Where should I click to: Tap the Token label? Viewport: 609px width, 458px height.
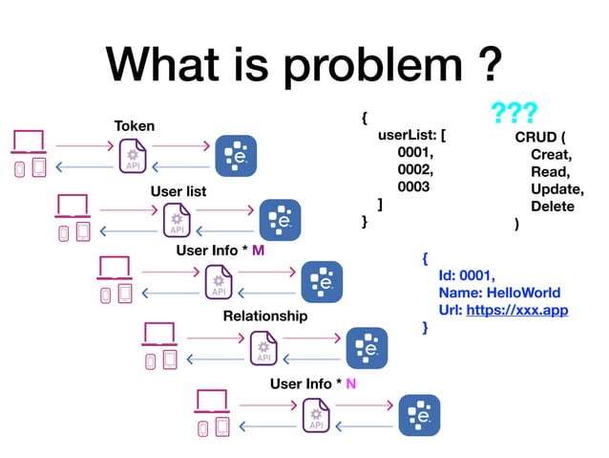[134, 125]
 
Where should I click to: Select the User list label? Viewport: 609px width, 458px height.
[178, 191]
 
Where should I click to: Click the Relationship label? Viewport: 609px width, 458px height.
[265, 316]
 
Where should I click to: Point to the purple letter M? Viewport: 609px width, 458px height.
[258, 251]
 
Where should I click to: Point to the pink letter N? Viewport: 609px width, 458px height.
[350, 383]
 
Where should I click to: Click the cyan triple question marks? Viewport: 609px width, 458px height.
[514, 114]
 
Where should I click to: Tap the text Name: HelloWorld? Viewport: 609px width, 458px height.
[499, 293]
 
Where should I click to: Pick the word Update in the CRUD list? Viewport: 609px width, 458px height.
[556, 188]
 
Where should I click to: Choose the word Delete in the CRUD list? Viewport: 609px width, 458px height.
[553, 207]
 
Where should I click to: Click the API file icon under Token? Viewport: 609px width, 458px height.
[132, 155]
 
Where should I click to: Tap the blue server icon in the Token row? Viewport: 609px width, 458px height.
[235, 155]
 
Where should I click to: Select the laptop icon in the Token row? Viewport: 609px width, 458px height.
[28, 142]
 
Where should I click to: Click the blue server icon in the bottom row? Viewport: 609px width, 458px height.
[418, 414]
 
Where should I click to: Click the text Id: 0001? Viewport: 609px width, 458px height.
[467, 275]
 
